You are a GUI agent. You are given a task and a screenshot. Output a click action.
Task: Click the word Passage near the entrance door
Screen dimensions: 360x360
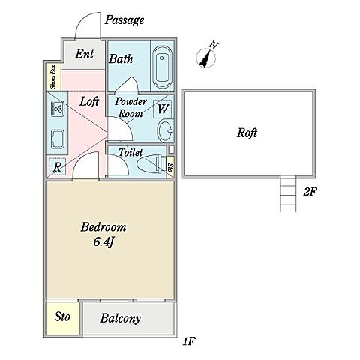pyautogui.click(x=124, y=20)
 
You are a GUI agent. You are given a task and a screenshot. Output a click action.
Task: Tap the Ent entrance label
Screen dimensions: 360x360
pyautogui.click(x=85, y=54)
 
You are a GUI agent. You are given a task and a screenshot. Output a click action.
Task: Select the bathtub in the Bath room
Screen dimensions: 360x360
pyautogui.click(x=162, y=67)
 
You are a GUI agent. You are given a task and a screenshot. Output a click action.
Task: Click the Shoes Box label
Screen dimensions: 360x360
pyautogui.click(x=54, y=77)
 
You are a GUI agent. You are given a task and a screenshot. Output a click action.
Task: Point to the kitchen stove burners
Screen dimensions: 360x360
pyautogui.click(x=58, y=109)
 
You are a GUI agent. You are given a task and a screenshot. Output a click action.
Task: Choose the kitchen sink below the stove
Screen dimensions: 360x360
pyautogui.click(x=58, y=139)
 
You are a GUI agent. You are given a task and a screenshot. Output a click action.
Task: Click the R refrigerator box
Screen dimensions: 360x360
pyautogui.click(x=57, y=166)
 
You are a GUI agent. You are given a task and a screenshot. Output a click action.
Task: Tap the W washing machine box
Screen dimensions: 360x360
pyautogui.click(x=163, y=109)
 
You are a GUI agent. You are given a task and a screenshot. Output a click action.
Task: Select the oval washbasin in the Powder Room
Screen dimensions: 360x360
pyautogui.click(x=166, y=130)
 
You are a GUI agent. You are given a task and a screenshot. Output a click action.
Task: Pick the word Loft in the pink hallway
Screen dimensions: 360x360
pyautogui.click(x=89, y=101)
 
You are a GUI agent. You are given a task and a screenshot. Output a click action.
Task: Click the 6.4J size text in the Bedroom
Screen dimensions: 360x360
pyautogui.click(x=103, y=241)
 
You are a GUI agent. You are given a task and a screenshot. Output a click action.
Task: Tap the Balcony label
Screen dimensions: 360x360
pyautogui.click(x=121, y=318)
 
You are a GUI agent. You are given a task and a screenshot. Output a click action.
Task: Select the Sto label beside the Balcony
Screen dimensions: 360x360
pyautogui.click(x=62, y=316)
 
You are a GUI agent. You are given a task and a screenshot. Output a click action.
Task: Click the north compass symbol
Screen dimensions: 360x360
pyautogui.click(x=206, y=58)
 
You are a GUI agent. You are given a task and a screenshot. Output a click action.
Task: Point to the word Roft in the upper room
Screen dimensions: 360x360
pyautogui.click(x=247, y=133)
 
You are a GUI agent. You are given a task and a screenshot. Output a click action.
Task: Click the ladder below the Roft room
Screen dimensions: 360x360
pyautogui.click(x=288, y=193)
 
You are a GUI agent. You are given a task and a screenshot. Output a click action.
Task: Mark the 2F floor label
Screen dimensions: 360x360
pyautogui.click(x=310, y=192)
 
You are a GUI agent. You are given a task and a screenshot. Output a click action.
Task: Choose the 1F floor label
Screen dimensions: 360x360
pyautogui.click(x=188, y=341)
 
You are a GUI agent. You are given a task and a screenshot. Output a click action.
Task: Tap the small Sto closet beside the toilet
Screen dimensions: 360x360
pyautogui.click(x=170, y=167)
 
